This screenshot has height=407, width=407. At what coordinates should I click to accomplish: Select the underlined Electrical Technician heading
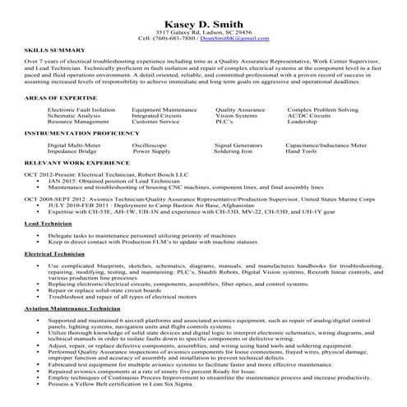pos(50,254)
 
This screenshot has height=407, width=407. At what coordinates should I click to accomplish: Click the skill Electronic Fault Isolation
pos(81,109)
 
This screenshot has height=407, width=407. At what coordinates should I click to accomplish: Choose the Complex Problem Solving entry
pos(323,109)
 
